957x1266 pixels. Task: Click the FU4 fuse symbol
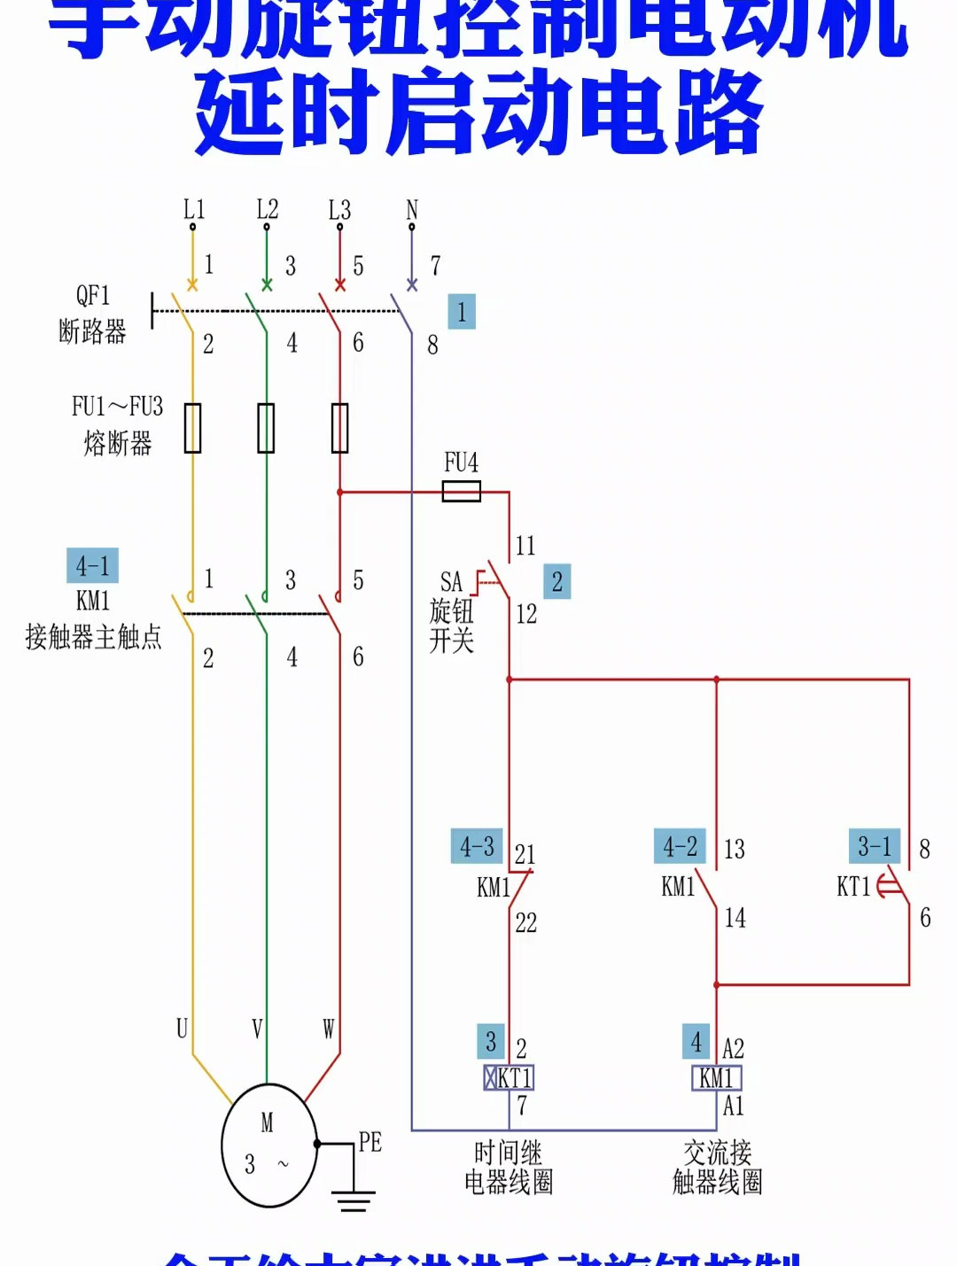click(461, 492)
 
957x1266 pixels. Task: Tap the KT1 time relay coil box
click(509, 1077)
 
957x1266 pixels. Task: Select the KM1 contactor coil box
click(716, 1077)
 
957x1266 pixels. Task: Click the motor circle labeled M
click(268, 1145)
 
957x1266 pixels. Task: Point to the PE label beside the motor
click(370, 1142)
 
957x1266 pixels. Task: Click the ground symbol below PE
click(354, 1201)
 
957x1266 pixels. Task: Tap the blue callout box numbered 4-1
click(92, 565)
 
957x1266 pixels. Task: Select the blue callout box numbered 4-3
click(477, 846)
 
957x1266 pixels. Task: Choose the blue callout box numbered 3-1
click(875, 846)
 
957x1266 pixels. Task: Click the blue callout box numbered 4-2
click(680, 846)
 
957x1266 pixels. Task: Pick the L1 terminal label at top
click(193, 210)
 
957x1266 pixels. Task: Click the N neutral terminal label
click(411, 210)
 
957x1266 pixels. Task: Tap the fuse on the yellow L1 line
click(192, 428)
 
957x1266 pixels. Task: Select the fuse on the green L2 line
click(266, 428)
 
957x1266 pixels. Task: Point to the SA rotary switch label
click(451, 582)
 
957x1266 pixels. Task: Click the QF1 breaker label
click(93, 295)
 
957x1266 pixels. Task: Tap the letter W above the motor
click(329, 1029)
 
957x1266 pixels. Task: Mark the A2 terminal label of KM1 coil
click(734, 1049)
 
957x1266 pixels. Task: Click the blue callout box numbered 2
click(556, 582)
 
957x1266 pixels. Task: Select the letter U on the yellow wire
click(182, 1029)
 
